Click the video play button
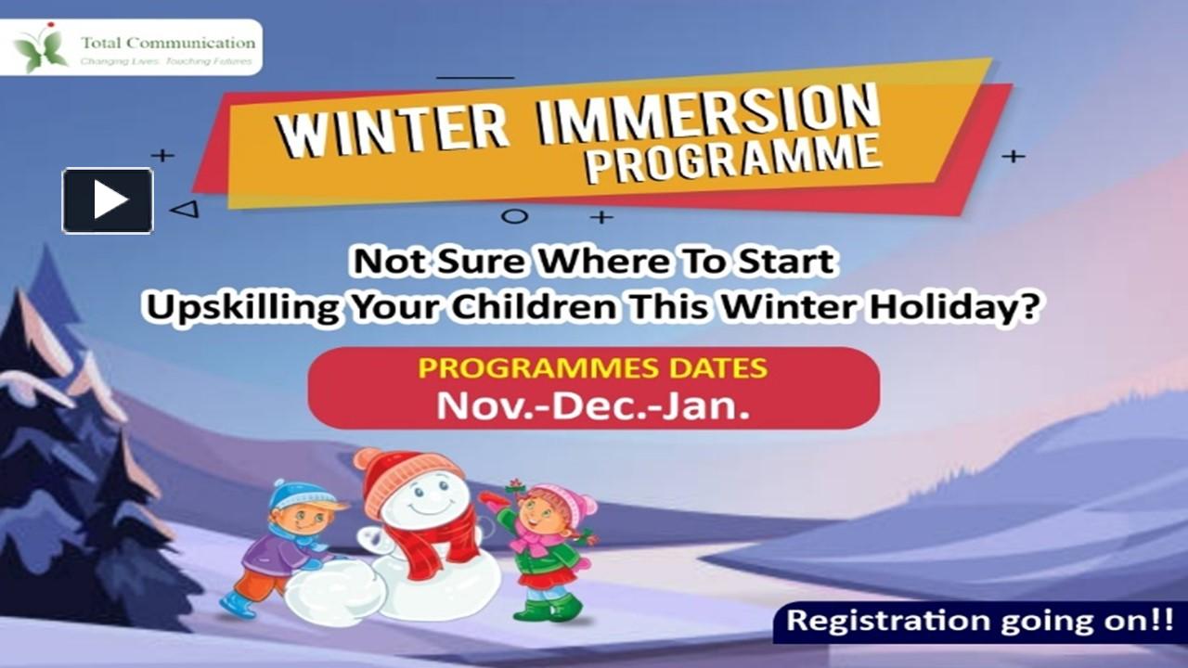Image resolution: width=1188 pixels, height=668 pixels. (108, 200)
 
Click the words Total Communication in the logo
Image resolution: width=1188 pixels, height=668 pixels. (167, 42)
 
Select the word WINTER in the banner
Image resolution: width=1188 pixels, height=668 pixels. (394, 129)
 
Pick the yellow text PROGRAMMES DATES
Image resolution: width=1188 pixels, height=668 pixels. (593, 367)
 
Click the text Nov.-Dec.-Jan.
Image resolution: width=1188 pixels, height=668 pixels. (593, 405)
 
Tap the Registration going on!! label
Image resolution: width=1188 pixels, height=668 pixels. (979, 621)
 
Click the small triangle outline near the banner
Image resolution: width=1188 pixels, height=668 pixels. (185, 209)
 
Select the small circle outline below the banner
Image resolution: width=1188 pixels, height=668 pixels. (514, 216)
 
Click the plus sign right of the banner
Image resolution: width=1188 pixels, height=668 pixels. (1013, 156)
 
